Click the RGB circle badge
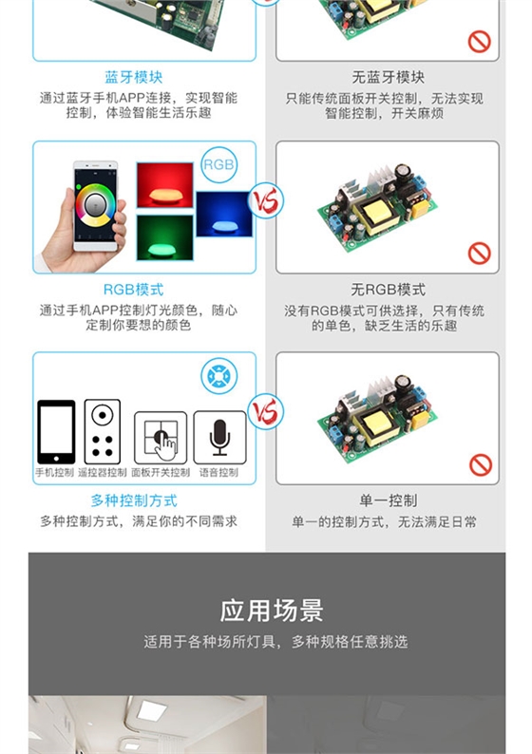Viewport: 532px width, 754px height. [x=218, y=164]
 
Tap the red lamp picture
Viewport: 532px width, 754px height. [x=164, y=185]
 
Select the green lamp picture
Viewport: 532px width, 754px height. [x=165, y=237]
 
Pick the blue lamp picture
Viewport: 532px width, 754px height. [x=224, y=215]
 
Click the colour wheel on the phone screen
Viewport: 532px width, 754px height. [x=95, y=205]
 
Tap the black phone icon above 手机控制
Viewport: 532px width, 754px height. [x=56, y=432]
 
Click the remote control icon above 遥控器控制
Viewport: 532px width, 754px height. [x=102, y=432]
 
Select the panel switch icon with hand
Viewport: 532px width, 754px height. [x=161, y=438]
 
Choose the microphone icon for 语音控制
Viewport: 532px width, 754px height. [x=219, y=438]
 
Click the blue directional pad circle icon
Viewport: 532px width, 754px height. [x=219, y=376]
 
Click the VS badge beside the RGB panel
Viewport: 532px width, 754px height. [x=266, y=201]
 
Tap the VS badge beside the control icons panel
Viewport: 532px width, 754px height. [x=266, y=412]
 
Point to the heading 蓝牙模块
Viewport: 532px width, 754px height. [x=134, y=78]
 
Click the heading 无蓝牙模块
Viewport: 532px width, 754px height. [x=389, y=78]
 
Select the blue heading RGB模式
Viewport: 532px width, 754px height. [x=134, y=290]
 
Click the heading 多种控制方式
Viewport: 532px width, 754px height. [x=134, y=500]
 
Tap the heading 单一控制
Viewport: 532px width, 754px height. [x=389, y=500]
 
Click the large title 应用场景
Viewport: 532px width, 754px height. [x=272, y=611]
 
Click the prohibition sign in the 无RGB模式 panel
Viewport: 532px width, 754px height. [x=479, y=253]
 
